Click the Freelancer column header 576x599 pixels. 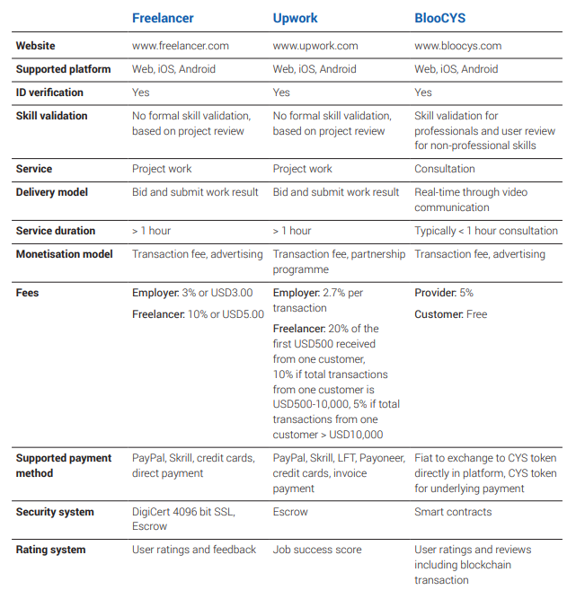[x=163, y=18]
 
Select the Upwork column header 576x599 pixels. [x=296, y=18]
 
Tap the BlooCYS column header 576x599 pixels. [x=440, y=18]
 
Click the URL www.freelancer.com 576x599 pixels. [x=181, y=46]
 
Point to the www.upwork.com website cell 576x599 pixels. [x=315, y=46]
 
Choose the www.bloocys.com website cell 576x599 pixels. [x=458, y=46]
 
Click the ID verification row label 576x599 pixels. [x=49, y=92]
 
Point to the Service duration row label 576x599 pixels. [x=56, y=231]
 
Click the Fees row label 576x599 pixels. [x=28, y=293]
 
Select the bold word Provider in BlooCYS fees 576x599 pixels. [x=436, y=293]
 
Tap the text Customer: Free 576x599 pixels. [x=450, y=314]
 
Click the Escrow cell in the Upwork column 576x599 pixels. [x=290, y=512]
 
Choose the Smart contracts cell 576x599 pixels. [x=453, y=512]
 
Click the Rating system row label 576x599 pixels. [x=51, y=550]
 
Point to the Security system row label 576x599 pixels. [x=55, y=512]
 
